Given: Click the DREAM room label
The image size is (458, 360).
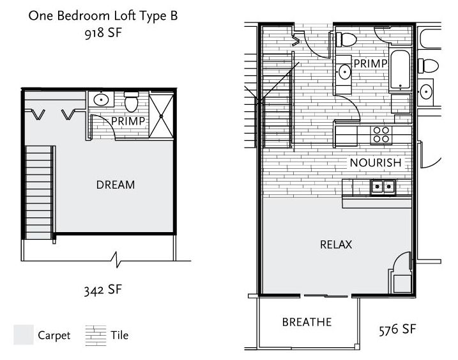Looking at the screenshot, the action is [x=116, y=185].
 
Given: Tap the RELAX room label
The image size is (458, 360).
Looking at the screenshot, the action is [x=336, y=244].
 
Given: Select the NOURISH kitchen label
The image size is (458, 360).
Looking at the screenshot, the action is [x=376, y=162].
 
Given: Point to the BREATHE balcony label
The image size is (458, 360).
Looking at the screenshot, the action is [x=307, y=322].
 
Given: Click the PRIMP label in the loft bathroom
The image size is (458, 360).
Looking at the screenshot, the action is [x=128, y=121].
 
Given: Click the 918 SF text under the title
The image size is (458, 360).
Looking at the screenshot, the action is [x=103, y=33].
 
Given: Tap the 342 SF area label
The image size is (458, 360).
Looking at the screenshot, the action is [x=103, y=290].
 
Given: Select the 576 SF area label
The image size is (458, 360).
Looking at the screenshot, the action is [x=397, y=329].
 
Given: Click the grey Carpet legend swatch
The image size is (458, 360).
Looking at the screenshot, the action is [x=24, y=334].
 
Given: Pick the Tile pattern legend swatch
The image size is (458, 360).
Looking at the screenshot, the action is [x=96, y=336].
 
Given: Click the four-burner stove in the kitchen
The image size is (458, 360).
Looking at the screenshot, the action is [x=381, y=134].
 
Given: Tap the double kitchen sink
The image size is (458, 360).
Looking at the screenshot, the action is [x=383, y=187].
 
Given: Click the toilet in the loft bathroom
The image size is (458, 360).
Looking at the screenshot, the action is [x=131, y=102].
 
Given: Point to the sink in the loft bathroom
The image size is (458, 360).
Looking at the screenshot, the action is [x=101, y=99].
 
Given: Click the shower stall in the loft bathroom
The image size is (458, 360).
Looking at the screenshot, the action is [x=161, y=116].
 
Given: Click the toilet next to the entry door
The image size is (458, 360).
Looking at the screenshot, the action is [x=346, y=40].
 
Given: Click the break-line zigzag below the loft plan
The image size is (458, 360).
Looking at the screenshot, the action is [x=116, y=260].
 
